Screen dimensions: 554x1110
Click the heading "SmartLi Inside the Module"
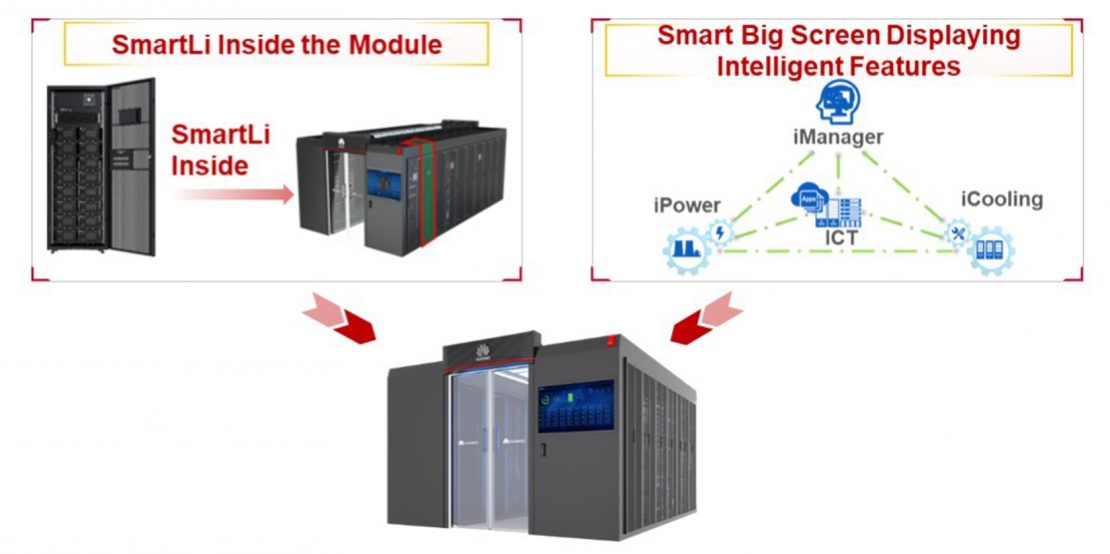tap(277, 45)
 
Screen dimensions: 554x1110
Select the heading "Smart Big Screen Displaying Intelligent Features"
tap(838, 51)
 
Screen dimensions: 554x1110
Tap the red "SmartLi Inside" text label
tap(221, 149)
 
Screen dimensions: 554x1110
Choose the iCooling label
tap(1001, 199)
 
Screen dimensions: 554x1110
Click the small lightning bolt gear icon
tap(721, 232)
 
